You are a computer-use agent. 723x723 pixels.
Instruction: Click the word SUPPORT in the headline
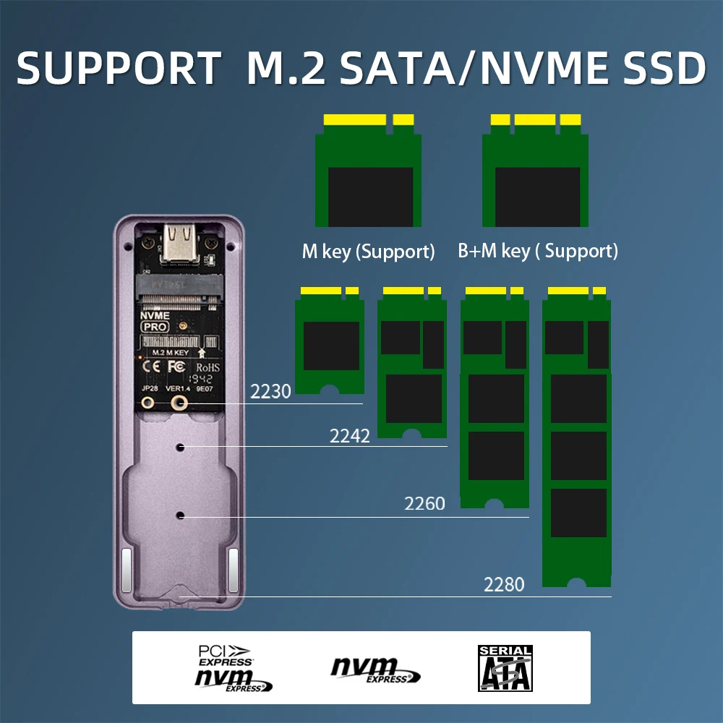click(x=118, y=68)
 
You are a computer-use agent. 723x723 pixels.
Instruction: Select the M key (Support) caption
click(x=368, y=252)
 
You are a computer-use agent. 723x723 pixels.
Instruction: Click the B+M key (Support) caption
click(x=538, y=252)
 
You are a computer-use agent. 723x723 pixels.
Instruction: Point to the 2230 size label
click(x=270, y=392)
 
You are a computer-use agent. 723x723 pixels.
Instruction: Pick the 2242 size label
click(x=350, y=436)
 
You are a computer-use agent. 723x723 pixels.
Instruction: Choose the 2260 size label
click(x=424, y=503)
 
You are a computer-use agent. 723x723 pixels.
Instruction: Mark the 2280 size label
click(x=504, y=584)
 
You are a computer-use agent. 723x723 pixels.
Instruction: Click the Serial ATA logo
click(x=505, y=667)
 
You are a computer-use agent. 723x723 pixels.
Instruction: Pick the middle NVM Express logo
click(x=375, y=669)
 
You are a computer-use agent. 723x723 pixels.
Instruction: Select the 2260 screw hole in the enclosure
click(x=180, y=515)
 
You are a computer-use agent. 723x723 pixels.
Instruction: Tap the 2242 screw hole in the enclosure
click(x=180, y=448)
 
